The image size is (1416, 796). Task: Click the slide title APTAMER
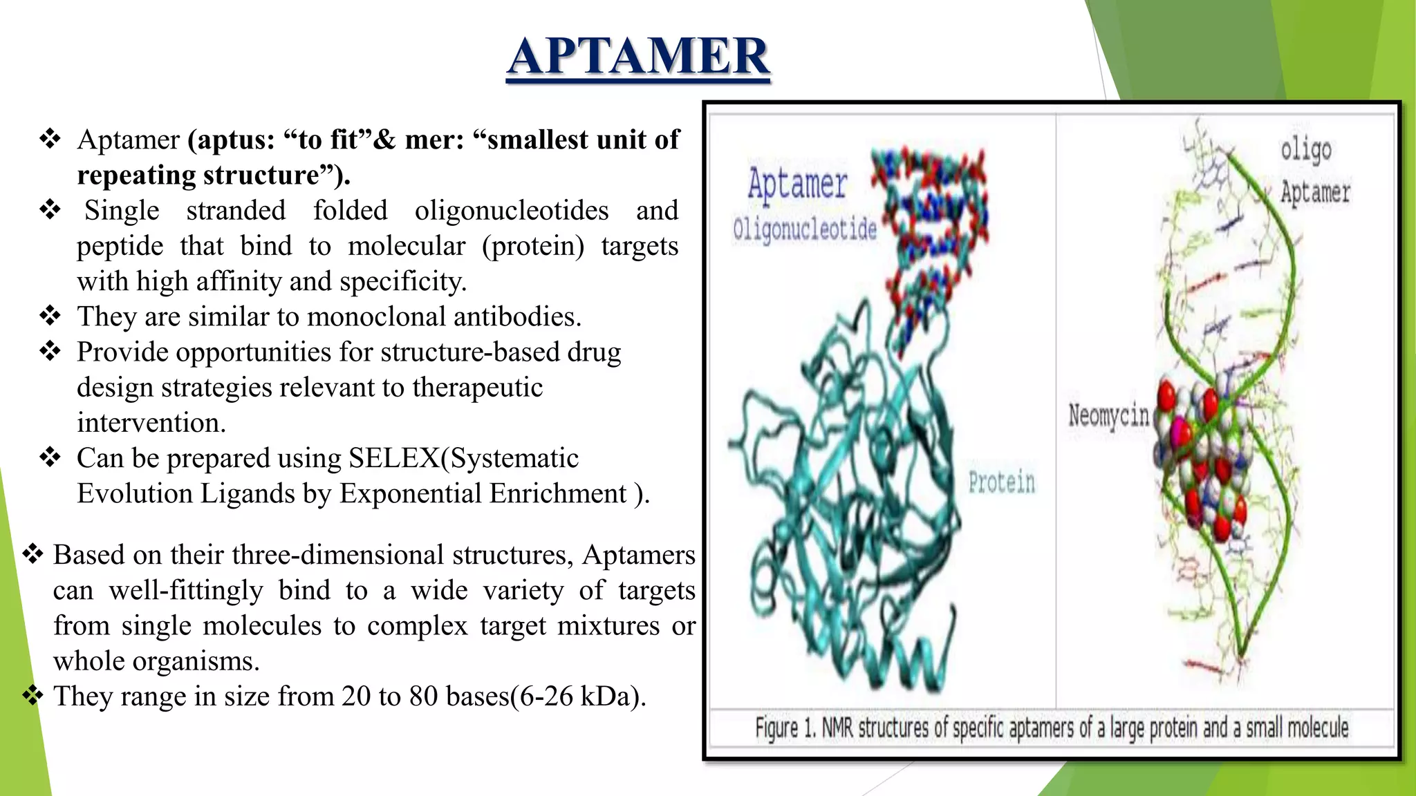click(x=637, y=57)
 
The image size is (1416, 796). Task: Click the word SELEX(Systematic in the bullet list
click(x=463, y=458)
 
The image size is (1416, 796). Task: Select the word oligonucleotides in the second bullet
click(x=512, y=211)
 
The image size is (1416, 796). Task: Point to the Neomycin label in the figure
click(x=1108, y=416)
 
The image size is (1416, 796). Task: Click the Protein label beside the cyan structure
click(x=1001, y=482)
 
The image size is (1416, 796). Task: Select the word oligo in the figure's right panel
click(x=1305, y=149)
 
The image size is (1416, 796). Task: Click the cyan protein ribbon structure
click(x=850, y=497)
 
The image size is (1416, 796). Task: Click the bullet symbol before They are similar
click(x=50, y=316)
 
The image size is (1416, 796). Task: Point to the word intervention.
click(x=151, y=423)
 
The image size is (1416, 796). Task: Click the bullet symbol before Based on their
click(x=32, y=554)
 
